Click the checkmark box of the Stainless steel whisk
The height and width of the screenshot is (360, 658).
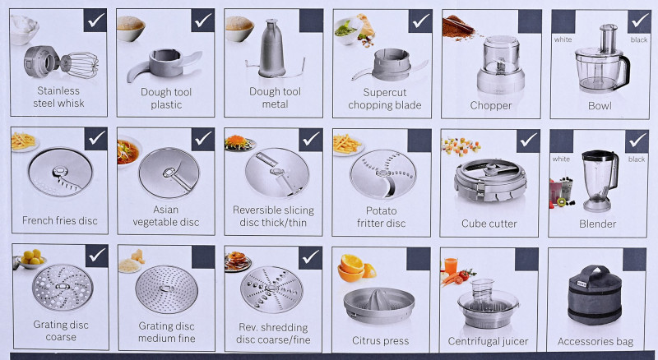95,21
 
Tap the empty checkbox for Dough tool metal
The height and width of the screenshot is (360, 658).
311,21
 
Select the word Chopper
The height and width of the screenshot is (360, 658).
491,106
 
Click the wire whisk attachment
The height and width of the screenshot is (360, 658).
80,65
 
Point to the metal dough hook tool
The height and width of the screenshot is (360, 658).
273,50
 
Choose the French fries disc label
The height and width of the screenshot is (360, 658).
59,221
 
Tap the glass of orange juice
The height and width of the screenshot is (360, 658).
451,266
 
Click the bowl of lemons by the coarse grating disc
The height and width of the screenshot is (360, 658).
32,259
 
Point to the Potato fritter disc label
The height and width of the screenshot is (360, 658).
381,217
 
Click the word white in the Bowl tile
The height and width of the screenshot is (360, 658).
563,39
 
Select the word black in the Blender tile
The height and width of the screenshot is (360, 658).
636,159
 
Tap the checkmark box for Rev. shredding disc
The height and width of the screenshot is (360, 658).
311,257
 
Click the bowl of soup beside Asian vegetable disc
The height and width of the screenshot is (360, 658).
128,151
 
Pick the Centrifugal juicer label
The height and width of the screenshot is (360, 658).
488,342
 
